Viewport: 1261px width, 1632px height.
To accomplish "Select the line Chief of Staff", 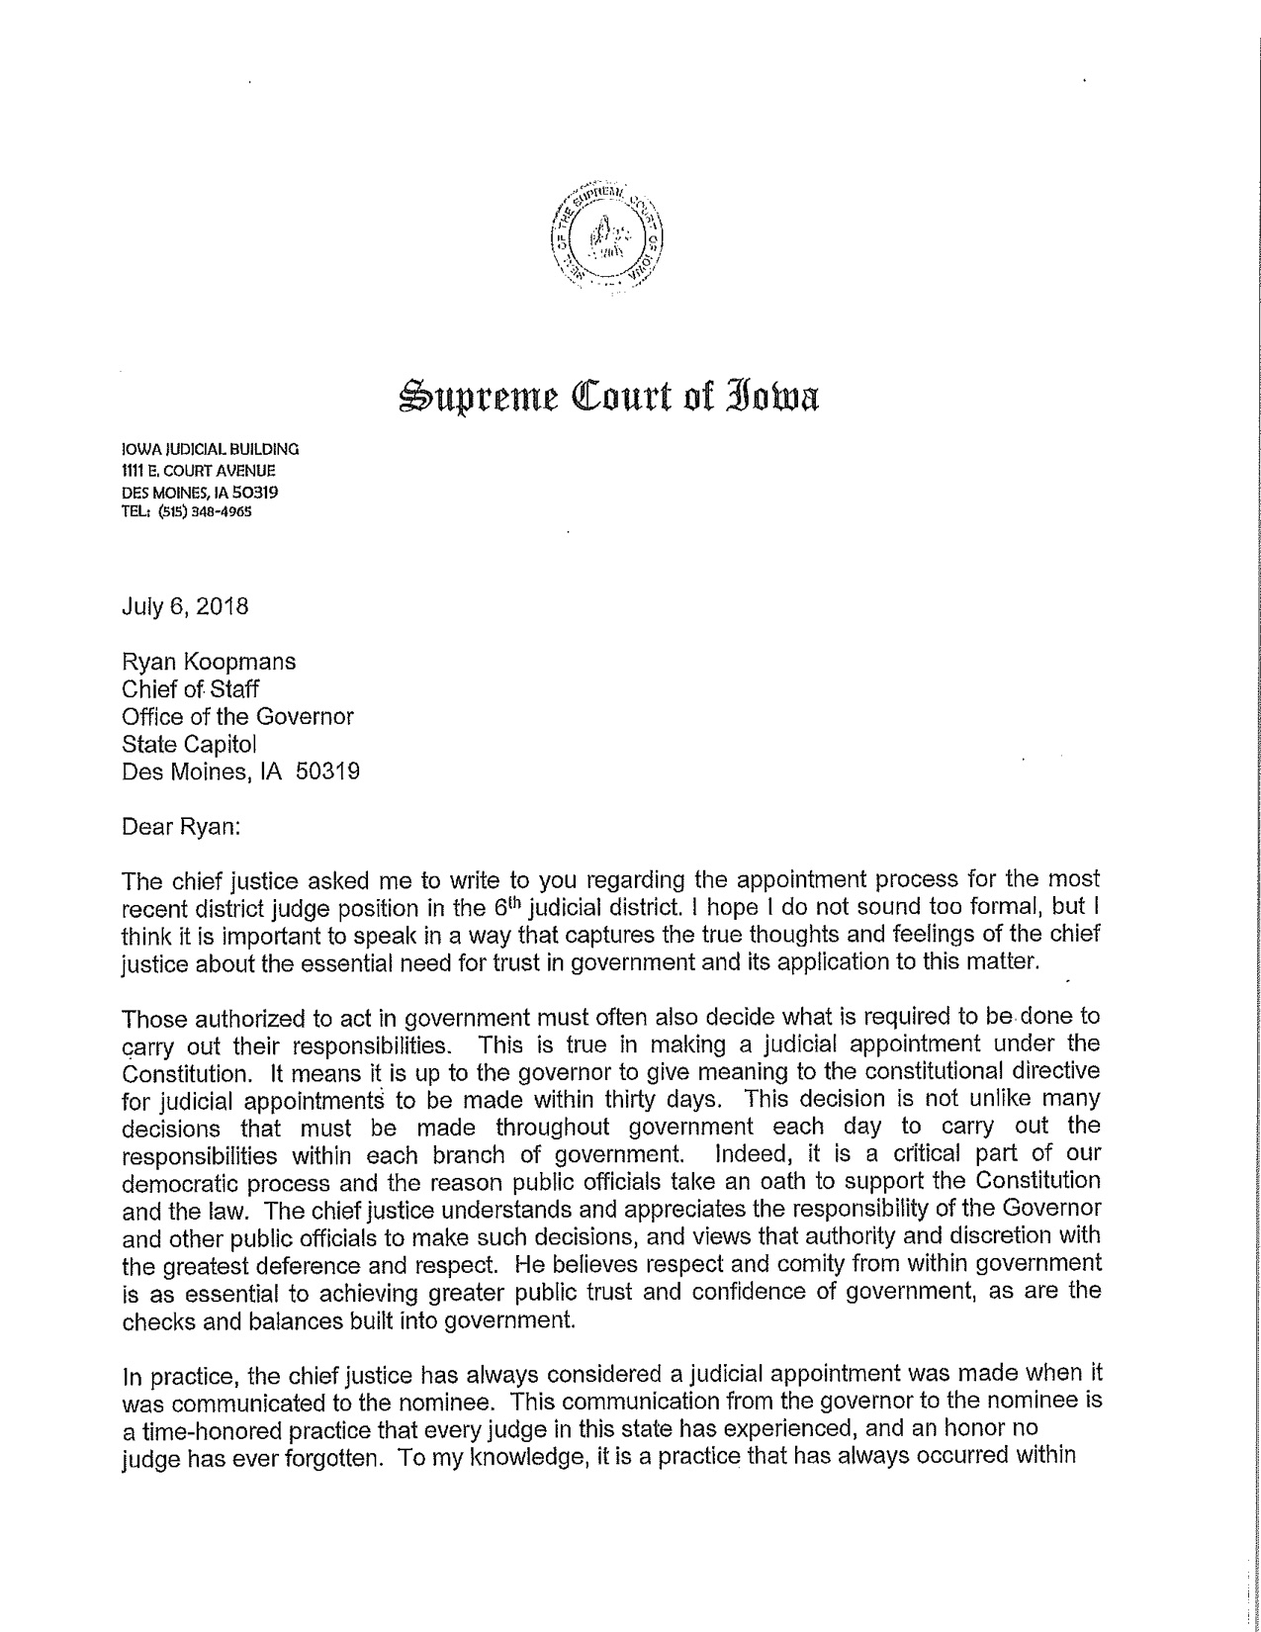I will click(190, 689).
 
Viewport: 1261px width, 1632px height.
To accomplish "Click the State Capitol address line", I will click(195, 743).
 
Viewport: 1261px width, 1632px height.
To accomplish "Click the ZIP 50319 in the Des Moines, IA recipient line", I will click(327, 771).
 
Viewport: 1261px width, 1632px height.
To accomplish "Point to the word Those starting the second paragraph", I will click(151, 1017).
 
